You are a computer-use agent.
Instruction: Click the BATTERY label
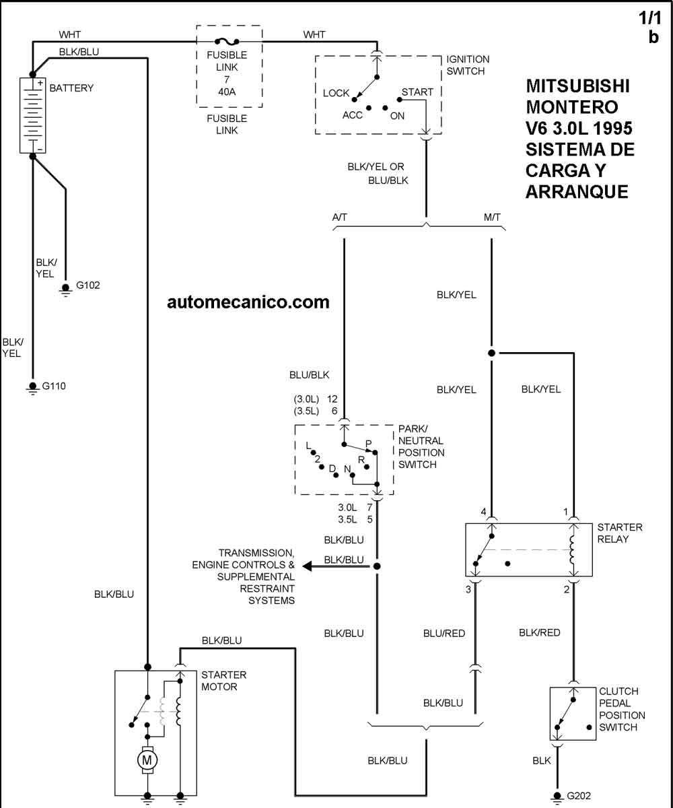[71, 88]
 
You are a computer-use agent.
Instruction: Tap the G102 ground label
[87, 285]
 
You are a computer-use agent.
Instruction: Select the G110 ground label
[54, 386]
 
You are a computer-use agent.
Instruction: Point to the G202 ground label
[579, 796]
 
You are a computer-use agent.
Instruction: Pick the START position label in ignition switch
[417, 92]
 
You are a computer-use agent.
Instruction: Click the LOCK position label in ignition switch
[336, 94]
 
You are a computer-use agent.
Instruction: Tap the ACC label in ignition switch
[352, 115]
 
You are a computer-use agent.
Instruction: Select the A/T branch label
[340, 217]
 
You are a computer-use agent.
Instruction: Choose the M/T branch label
[492, 217]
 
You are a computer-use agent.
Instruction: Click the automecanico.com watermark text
[248, 302]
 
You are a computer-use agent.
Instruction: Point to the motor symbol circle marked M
[146, 760]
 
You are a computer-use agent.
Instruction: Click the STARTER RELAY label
[620, 533]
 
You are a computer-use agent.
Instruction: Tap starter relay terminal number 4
[483, 512]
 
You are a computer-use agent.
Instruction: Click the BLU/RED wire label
[444, 634]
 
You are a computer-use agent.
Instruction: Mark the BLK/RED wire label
[539, 633]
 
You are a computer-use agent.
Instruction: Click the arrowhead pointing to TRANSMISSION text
[308, 566]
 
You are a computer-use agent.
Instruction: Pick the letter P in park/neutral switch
[368, 444]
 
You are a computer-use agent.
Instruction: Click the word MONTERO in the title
[571, 107]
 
